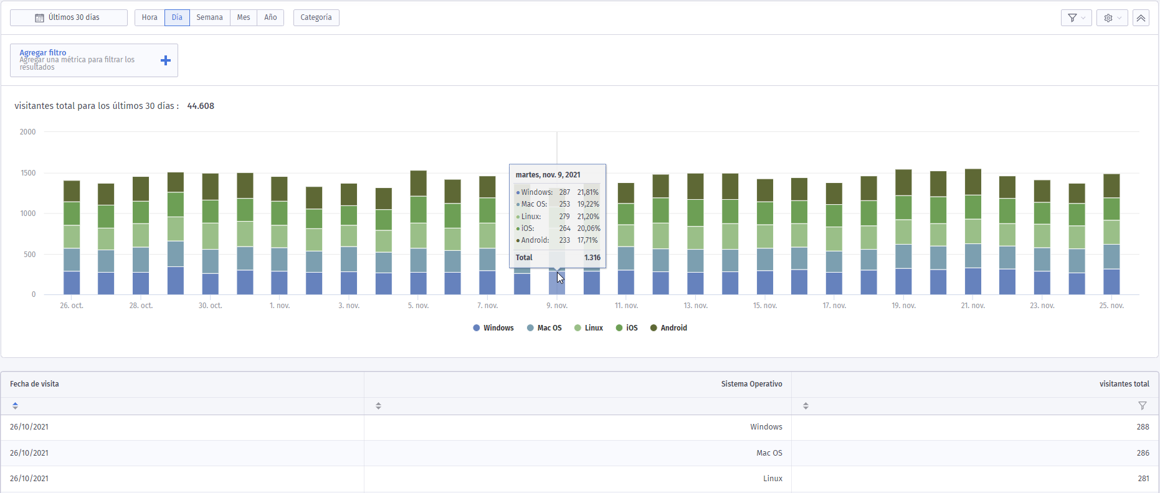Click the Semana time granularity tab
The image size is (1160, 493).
point(209,17)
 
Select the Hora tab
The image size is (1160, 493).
point(150,17)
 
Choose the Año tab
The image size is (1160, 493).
point(270,17)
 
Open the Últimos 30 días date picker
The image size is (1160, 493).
point(69,17)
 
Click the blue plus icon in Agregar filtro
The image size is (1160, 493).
point(166,60)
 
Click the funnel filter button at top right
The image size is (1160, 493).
point(1076,18)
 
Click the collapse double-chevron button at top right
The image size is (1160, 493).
point(1141,18)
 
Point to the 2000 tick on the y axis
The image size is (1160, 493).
point(27,132)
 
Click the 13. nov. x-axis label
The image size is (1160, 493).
point(696,306)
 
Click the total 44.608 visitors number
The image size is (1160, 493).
point(201,106)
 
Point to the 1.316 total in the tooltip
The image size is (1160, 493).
point(592,258)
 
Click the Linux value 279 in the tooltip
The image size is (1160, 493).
point(564,217)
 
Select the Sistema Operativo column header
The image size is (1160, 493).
point(751,384)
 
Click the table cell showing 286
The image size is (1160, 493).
point(1143,453)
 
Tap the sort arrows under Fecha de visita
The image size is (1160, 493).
point(15,406)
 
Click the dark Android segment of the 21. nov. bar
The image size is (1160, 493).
point(973,182)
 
